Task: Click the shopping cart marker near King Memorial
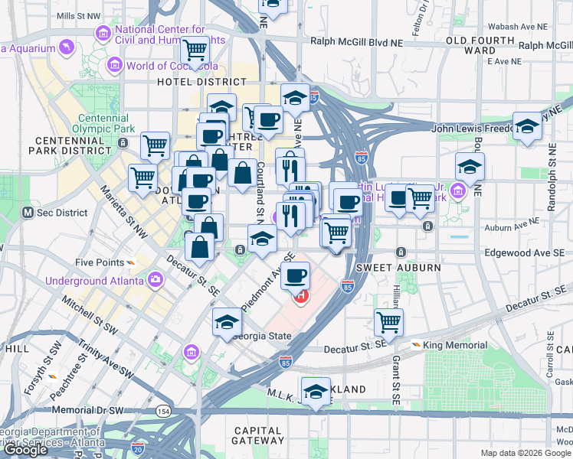(389, 321)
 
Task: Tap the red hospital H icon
(301, 295)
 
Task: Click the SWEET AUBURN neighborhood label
(398, 268)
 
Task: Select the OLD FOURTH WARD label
(480, 45)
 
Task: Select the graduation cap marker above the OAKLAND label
(316, 390)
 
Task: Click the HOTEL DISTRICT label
(201, 81)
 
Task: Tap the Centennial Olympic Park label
(101, 124)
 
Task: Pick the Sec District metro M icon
(28, 212)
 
